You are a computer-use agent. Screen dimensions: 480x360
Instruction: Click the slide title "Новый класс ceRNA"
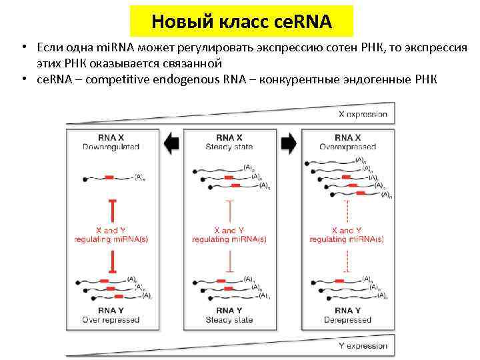(241, 21)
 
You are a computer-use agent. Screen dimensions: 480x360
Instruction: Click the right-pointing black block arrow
(289, 143)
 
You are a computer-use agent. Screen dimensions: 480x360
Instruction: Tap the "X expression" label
(363, 114)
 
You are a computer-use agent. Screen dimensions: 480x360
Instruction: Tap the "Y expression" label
(363, 346)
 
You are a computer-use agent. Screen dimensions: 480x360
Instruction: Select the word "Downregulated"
(111, 147)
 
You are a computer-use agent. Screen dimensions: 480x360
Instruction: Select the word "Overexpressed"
(347, 147)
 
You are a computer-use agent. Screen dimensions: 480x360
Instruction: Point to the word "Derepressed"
(347, 319)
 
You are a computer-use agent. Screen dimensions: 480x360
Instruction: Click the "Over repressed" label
(111, 319)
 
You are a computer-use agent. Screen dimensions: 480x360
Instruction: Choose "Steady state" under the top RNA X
(229, 147)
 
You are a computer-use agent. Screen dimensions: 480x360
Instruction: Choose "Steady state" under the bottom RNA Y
(229, 319)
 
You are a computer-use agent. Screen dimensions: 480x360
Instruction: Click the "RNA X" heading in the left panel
(111, 138)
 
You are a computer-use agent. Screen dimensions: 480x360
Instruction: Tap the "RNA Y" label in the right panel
(347, 311)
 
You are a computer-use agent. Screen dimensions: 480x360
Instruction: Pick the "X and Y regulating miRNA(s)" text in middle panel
(229, 235)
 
